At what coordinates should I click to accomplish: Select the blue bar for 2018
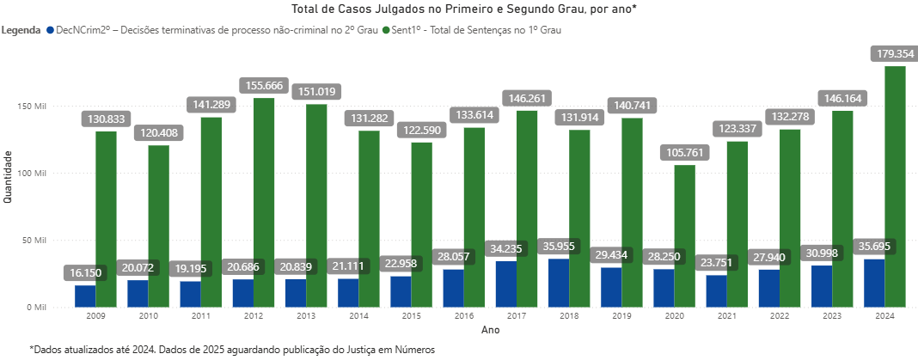(x=558, y=283)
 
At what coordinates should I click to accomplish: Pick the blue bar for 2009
(x=85, y=296)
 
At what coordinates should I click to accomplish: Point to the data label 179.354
(x=895, y=53)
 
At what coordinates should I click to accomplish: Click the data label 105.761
(x=685, y=153)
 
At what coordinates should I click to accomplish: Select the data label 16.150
(x=85, y=273)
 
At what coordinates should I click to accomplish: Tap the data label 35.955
(x=558, y=247)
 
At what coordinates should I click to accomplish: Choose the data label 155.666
(x=264, y=86)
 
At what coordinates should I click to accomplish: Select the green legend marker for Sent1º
(x=386, y=30)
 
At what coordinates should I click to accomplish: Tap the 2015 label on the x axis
(x=411, y=316)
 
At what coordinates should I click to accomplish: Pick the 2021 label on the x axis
(x=726, y=316)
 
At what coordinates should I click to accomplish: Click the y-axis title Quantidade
(x=8, y=176)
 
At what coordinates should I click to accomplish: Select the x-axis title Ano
(x=490, y=330)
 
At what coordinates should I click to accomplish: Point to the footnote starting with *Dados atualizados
(x=232, y=350)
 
